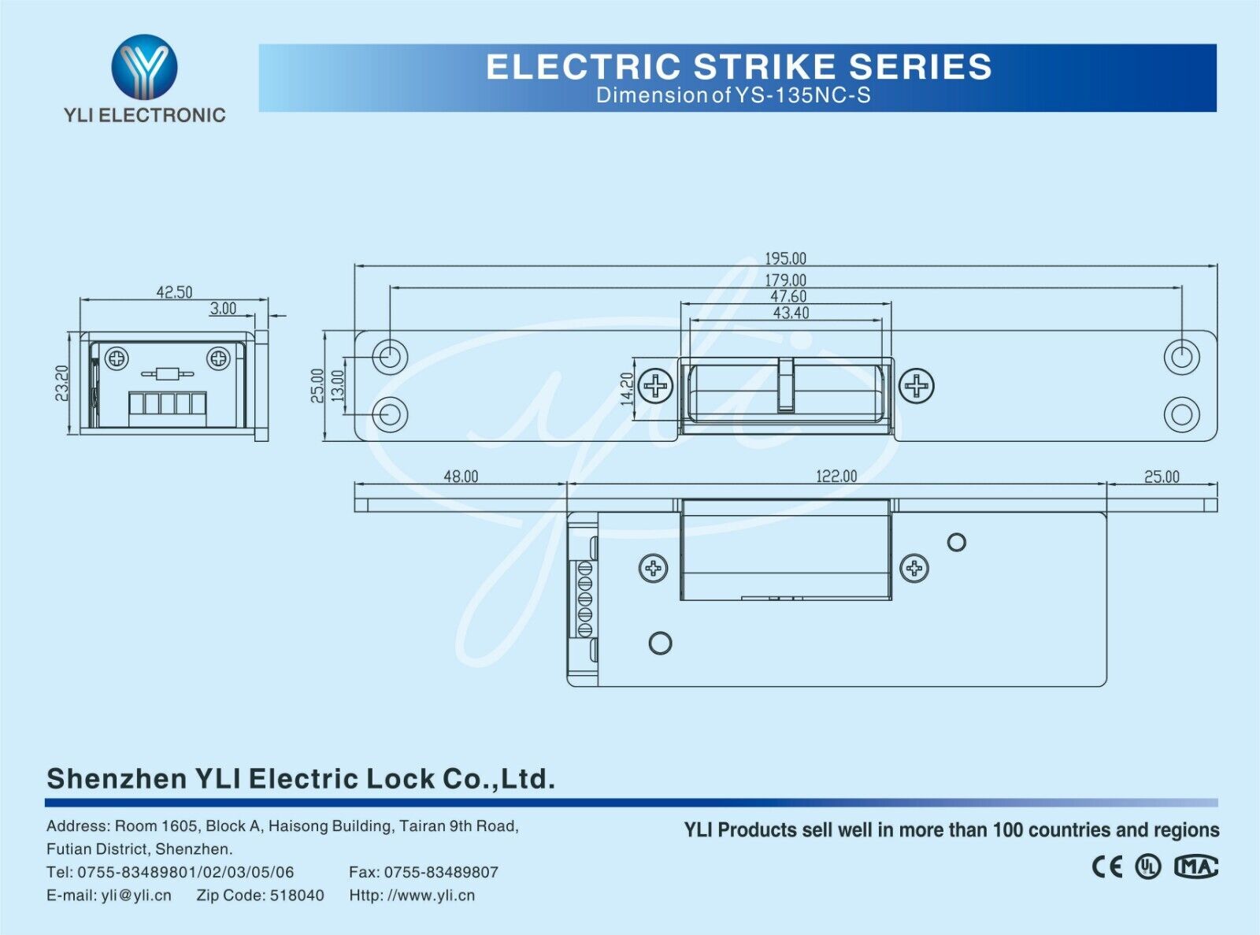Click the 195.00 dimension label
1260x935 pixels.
click(x=785, y=258)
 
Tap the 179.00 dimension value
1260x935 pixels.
click(x=785, y=280)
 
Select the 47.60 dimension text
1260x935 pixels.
click(x=787, y=296)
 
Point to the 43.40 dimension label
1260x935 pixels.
click(x=791, y=313)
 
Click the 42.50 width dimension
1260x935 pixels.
click(x=174, y=292)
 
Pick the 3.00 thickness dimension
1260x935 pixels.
click(x=223, y=309)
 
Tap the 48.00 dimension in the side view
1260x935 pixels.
click(x=461, y=477)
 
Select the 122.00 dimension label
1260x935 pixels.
click(x=836, y=477)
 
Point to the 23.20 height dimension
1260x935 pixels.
click(x=62, y=383)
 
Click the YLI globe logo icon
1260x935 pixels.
click(x=144, y=66)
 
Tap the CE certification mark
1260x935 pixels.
click(x=1106, y=867)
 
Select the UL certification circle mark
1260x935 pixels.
click(x=1148, y=867)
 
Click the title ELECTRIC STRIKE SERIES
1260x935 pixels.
click(x=739, y=67)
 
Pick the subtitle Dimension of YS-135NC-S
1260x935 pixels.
click(x=733, y=95)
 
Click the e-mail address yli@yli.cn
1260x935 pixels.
click(x=135, y=896)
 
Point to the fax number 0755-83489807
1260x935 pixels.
click(x=441, y=873)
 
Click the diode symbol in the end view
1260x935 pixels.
click(x=165, y=373)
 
